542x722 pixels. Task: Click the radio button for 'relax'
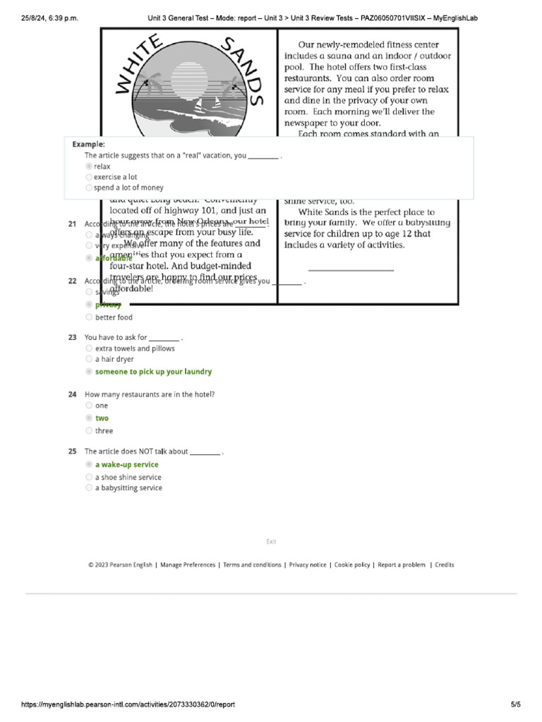pos(88,166)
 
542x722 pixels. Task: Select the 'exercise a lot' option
pos(88,177)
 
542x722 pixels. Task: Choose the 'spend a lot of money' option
pos(88,188)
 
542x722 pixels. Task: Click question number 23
pos(72,338)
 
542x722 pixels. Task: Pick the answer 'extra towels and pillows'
pos(88,348)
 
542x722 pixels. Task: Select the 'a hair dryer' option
pos(88,359)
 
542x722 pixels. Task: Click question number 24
pos(72,394)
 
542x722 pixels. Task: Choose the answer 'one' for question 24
pos(88,405)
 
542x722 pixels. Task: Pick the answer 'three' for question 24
pos(88,431)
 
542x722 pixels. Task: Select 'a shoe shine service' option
pos(88,477)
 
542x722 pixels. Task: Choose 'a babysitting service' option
pos(88,488)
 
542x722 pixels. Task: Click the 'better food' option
pos(88,317)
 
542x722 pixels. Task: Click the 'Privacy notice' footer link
pos(308,565)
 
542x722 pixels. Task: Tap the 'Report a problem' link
pos(402,565)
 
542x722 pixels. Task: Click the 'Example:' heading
pos(88,144)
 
